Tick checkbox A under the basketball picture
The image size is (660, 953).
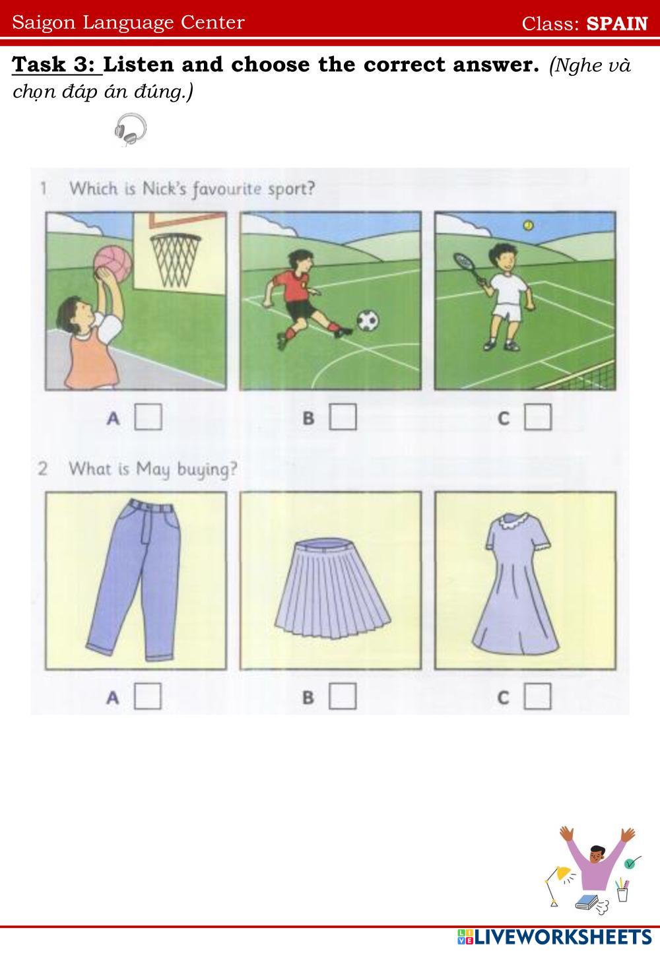[148, 416]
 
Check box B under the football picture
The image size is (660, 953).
[343, 416]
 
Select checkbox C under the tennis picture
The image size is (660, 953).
[538, 417]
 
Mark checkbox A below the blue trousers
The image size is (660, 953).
[148, 696]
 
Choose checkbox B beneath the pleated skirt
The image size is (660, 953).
[343, 696]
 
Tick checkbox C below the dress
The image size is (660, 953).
[537, 696]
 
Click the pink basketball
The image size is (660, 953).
[113, 263]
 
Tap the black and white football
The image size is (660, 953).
[368, 320]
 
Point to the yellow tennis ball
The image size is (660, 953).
[529, 225]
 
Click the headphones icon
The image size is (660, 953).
[130, 129]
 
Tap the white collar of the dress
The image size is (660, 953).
[515, 521]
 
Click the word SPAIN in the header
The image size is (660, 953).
[617, 24]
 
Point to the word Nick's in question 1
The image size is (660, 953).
[164, 189]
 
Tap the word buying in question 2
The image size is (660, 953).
[207, 470]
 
